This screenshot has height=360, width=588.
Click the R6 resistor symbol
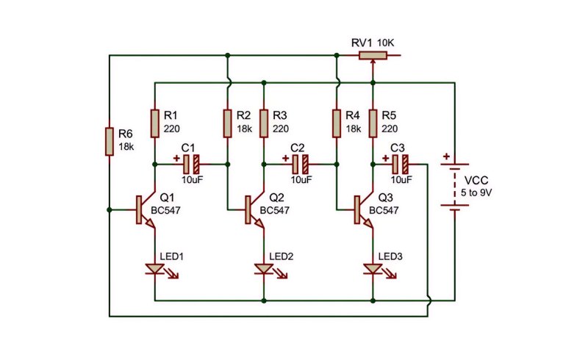coord(109,141)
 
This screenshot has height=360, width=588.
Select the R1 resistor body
coord(154,123)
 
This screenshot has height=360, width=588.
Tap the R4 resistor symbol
coord(337,123)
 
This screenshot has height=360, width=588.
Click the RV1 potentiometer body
coord(373,56)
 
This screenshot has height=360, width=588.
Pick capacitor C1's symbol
coord(191,165)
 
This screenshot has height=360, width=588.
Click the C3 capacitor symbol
coord(401,165)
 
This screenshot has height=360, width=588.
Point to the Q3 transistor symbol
coord(364,210)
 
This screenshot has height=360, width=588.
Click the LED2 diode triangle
coord(264,269)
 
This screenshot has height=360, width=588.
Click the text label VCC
coord(476,181)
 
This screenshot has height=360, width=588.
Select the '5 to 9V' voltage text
coord(476,193)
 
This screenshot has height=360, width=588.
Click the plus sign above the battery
coord(446,156)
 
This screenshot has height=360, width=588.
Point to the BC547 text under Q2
coord(274,210)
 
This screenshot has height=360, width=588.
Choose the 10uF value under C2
coord(301,179)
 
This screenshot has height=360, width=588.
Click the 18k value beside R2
coord(244,129)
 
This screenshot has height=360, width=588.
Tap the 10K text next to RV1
coord(385,43)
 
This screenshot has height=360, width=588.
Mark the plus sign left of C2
coord(286,158)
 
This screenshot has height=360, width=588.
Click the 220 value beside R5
coord(390,129)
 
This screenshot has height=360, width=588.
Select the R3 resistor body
coord(264,123)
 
